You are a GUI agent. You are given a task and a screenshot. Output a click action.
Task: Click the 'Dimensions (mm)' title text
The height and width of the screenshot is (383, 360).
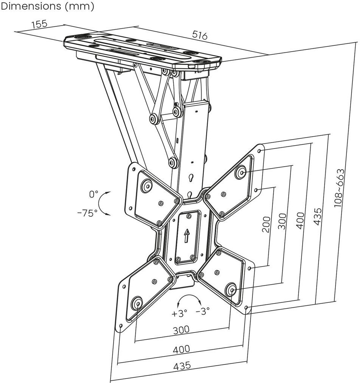(x=47, y=6)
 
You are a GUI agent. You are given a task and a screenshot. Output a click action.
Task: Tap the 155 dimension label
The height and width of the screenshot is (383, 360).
(x=39, y=24)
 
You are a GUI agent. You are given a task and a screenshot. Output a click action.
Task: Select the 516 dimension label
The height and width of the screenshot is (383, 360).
(x=200, y=35)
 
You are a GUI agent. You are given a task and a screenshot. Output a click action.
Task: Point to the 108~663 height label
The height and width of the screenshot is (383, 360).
(x=339, y=188)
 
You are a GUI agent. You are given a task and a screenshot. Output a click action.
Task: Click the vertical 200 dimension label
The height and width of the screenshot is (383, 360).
(x=266, y=224)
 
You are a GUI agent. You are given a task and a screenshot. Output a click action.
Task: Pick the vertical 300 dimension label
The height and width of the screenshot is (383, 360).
(x=282, y=221)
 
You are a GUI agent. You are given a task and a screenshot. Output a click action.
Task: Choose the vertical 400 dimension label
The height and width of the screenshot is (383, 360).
(x=300, y=221)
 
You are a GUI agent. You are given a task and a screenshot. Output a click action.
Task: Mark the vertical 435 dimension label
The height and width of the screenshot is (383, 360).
(x=317, y=216)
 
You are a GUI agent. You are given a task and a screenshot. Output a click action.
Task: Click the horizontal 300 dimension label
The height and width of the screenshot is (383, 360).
(x=181, y=330)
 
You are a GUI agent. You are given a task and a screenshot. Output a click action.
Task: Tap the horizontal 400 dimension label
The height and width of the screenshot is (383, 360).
(x=181, y=349)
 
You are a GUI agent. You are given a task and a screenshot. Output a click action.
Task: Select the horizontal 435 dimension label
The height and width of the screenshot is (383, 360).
(x=182, y=366)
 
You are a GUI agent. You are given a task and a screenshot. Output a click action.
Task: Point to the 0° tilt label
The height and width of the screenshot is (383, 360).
(x=94, y=195)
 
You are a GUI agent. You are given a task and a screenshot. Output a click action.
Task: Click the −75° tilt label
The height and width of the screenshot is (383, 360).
(x=87, y=213)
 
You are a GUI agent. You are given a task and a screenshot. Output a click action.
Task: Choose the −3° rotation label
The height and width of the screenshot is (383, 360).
(x=203, y=311)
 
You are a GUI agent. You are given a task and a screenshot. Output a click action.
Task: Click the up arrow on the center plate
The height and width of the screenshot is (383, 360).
(x=186, y=236)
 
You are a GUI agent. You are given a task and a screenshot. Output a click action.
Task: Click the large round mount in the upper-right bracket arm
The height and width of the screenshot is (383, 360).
(x=241, y=172)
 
